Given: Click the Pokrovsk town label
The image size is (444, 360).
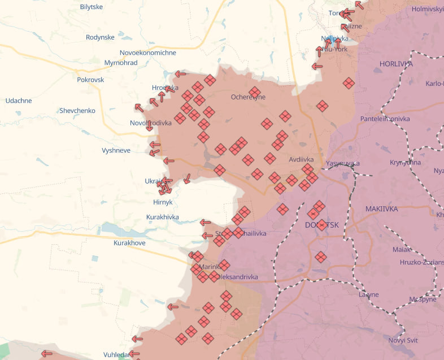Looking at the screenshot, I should (90, 80).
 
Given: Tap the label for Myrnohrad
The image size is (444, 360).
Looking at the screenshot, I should (121, 63).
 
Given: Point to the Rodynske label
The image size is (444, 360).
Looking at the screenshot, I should (100, 37).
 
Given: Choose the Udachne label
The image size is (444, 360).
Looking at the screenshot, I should (19, 101).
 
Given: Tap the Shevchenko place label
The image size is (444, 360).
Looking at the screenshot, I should (77, 111).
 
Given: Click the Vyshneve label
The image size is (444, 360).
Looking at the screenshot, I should (116, 150).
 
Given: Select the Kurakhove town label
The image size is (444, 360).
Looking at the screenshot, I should (129, 242).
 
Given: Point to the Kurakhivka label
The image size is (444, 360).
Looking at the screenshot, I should (162, 217).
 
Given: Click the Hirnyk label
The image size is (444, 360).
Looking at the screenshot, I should (163, 202).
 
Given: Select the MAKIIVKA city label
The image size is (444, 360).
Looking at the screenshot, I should (381, 209).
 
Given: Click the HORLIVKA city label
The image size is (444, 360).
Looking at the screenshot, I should (396, 64).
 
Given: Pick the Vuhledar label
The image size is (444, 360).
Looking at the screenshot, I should (116, 354).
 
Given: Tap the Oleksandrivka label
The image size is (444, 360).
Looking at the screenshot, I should (238, 277).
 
